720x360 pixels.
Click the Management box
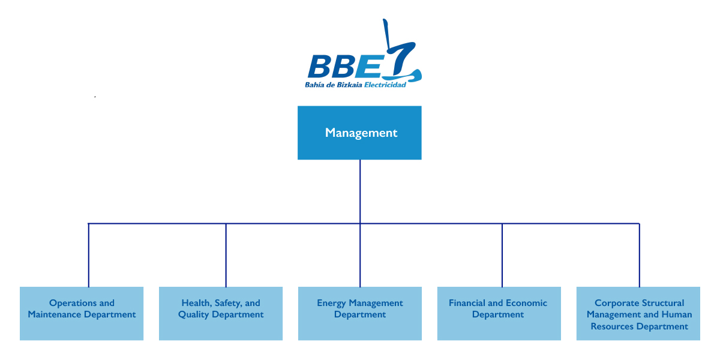tap(359, 133)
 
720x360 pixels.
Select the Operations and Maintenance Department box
tap(82, 313)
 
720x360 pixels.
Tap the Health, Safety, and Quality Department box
tap(221, 313)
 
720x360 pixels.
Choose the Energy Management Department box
tap(360, 313)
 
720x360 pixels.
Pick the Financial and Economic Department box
tap(499, 313)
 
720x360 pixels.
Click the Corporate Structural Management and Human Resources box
tap(638, 313)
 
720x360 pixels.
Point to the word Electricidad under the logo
tap(386, 85)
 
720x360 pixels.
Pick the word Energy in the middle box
tap(331, 303)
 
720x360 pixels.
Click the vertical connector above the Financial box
tap(502, 255)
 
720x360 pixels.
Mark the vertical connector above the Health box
tap(226, 255)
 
